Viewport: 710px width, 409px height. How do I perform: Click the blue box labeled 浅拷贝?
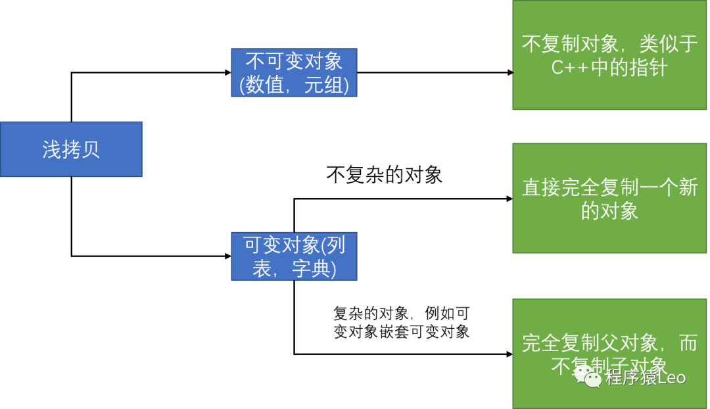71,149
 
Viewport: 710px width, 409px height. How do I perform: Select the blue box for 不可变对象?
294,72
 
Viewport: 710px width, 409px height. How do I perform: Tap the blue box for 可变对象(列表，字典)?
294,256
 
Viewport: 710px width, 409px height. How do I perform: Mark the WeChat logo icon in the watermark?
587,377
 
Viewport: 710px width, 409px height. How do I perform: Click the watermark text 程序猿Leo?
646,377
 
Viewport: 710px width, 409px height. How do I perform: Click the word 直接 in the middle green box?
541,187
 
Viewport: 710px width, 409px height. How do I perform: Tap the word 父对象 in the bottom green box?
628,343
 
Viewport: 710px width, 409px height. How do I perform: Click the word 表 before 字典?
264,268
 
